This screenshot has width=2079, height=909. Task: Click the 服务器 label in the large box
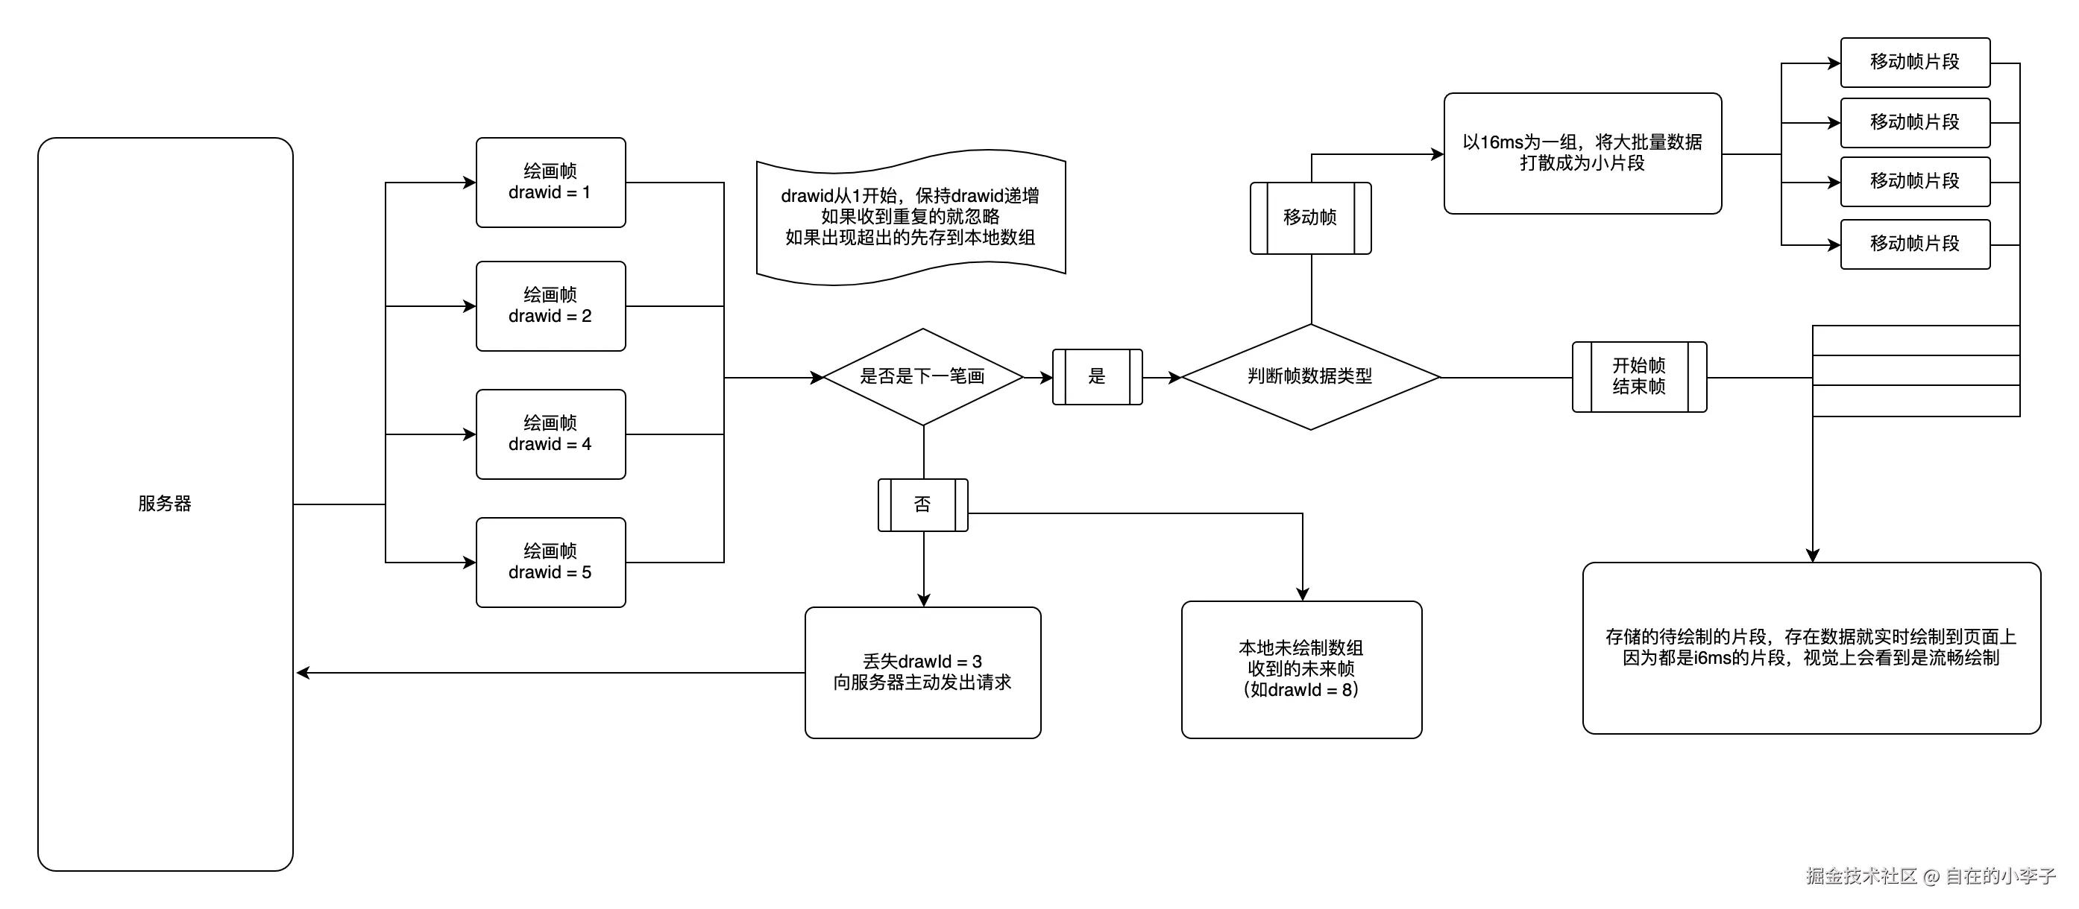pyautogui.click(x=165, y=503)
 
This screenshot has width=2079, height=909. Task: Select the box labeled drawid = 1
pyautogui.click(x=550, y=183)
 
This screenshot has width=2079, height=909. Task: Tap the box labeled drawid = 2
pyautogui.click(x=550, y=305)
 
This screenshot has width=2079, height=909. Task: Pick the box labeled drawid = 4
pyautogui.click(x=550, y=434)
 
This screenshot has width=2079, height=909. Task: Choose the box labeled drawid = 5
pyautogui.click(x=550, y=563)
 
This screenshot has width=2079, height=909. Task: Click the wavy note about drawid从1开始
pyautogui.click(x=910, y=217)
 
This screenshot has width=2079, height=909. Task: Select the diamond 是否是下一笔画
pyautogui.click(x=922, y=377)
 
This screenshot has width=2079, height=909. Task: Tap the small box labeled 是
pyautogui.click(x=1097, y=377)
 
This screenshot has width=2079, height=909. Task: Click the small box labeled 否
pyautogui.click(x=922, y=505)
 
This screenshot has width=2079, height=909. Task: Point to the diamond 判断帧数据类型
pyautogui.click(x=1310, y=377)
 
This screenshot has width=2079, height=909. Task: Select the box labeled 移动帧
pyautogui.click(x=1310, y=218)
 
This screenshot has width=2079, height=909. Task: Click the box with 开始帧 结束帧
pyautogui.click(x=1638, y=377)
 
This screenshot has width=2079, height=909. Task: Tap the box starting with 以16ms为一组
pyautogui.click(x=1582, y=153)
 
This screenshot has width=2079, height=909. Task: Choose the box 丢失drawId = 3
pyautogui.click(x=922, y=672)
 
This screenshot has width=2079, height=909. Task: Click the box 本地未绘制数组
pyautogui.click(x=1301, y=669)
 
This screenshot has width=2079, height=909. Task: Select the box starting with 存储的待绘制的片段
pyautogui.click(x=1811, y=647)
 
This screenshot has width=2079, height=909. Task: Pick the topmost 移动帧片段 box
pyautogui.click(x=1914, y=62)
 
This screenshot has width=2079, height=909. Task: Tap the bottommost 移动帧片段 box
pyautogui.click(x=1914, y=244)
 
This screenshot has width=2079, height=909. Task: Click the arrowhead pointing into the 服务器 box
pyautogui.click(x=303, y=673)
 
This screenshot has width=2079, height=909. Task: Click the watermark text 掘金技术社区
pyautogui.click(x=1861, y=876)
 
